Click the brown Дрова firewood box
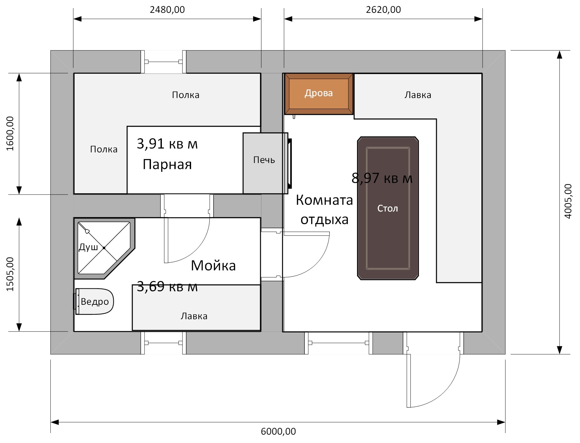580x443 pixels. pos(319,94)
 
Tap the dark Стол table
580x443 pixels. pos(388,208)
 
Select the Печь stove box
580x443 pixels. pos(265,163)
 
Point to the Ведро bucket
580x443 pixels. pos(94,301)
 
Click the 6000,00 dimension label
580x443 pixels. pos(278,431)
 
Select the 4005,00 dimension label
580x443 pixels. pos(568,201)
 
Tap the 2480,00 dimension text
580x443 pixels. pos(167,10)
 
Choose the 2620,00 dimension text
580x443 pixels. pos(383,10)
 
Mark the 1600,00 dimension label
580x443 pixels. pos(10,133)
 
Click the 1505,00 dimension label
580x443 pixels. pos(10,274)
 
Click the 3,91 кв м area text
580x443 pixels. pos(167,144)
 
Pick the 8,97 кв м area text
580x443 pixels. pos(382,178)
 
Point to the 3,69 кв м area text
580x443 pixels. pos(167,286)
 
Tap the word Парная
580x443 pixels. pos(167,164)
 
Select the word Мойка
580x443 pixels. pos(213,266)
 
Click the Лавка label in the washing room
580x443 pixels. pos(194,316)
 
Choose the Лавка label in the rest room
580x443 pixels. pos(418,95)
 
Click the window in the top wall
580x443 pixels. pos(163,62)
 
